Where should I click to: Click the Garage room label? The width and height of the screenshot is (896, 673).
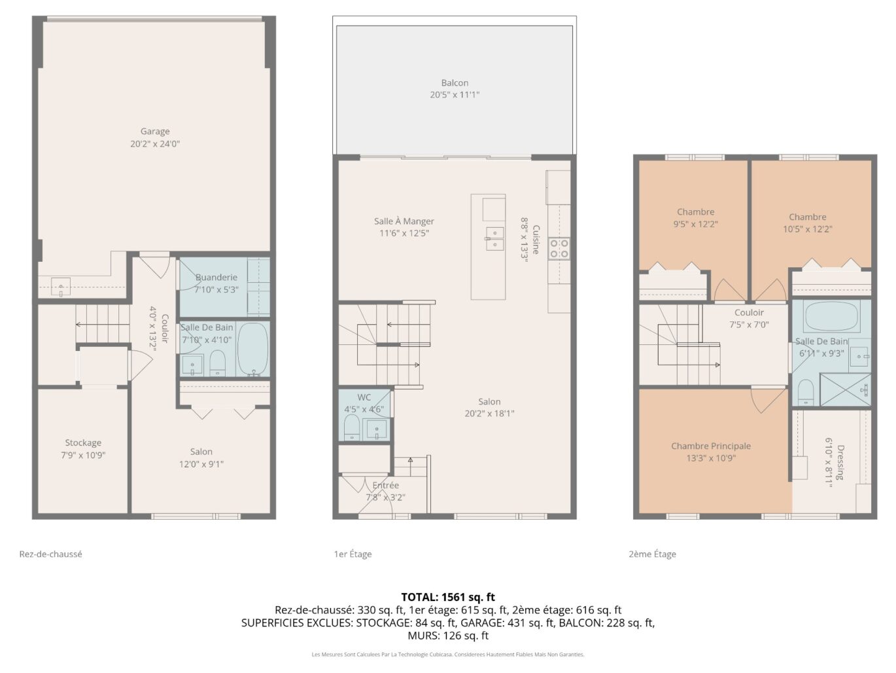[155, 132]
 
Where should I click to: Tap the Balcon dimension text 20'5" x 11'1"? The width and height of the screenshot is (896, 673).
[455, 95]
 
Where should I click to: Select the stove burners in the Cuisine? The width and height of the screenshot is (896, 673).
[559, 248]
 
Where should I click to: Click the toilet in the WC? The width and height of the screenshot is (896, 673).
[351, 427]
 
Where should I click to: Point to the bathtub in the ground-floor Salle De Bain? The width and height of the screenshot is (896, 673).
[252, 350]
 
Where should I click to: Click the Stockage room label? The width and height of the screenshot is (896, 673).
[83, 443]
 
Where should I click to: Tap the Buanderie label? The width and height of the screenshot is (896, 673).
[216, 278]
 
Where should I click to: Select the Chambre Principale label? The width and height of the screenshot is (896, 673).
[711, 446]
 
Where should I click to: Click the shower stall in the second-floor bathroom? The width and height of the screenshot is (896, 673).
[846, 390]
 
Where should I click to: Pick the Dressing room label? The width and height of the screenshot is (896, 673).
[840, 462]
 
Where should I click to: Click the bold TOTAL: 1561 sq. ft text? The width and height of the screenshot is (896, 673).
[448, 598]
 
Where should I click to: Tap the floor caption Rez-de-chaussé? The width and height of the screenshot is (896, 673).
[50, 554]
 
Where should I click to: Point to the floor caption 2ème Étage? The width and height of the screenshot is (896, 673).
[652, 554]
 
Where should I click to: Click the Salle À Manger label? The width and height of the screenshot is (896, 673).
[404, 221]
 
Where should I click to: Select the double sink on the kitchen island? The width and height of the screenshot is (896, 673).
[494, 239]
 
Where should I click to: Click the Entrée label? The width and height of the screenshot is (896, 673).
[385, 485]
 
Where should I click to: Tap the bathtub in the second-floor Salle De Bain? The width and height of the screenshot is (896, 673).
[831, 316]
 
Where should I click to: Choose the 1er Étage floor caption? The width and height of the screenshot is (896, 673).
[353, 554]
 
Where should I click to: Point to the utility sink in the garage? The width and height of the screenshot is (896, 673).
[60, 287]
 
